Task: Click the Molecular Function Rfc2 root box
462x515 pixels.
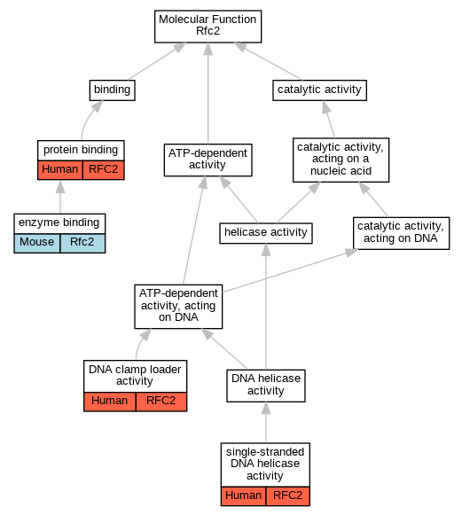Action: coord(208,27)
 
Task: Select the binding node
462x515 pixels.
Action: coord(113,90)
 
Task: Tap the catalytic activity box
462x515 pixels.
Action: coord(320,90)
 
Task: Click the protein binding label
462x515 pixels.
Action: coord(81,151)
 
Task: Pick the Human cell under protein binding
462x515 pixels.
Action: coord(60,170)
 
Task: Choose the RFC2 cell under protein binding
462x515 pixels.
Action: coord(104,170)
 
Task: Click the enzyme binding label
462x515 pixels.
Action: coord(59,223)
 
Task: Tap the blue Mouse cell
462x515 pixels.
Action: coord(37,243)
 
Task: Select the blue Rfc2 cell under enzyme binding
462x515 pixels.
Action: coord(82,243)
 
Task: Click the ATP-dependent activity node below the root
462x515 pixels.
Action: coord(208,160)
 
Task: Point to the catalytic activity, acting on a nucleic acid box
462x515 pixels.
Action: coord(341,160)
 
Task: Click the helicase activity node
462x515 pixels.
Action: coord(266,233)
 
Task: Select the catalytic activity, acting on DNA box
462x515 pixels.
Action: coord(401,233)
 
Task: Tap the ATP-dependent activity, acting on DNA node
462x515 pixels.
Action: coord(178,307)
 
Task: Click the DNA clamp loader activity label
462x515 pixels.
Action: coord(135,376)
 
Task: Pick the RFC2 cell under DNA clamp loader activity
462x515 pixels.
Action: coord(161,402)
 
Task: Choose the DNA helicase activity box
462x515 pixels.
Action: coord(266,386)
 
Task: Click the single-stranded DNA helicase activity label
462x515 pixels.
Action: coord(265,464)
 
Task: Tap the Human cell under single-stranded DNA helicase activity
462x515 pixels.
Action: coord(243,496)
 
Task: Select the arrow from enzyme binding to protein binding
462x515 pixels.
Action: coord(60,197)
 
